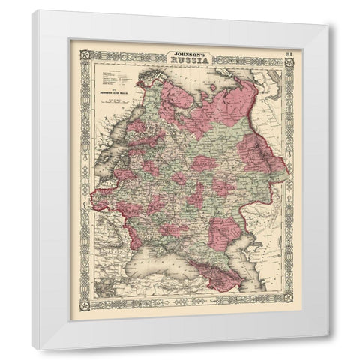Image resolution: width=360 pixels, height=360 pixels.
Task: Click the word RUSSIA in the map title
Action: point(187,63)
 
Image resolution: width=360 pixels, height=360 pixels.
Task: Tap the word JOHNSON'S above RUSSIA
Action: point(187,54)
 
